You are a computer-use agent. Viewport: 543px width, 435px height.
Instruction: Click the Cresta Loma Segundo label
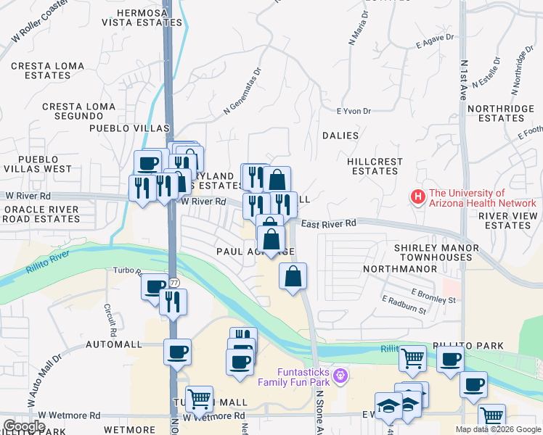coord(78,111)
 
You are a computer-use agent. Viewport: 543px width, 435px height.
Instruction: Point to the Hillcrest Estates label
coord(375,166)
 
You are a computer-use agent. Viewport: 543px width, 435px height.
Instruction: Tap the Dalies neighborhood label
coord(340,136)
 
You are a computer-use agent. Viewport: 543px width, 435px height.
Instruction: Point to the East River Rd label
coord(329,224)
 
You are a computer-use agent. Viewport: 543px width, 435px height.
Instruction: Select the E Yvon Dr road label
coord(354,111)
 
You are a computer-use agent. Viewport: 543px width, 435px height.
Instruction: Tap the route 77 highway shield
coord(174,282)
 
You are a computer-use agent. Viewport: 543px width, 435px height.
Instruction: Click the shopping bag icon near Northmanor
coord(293,275)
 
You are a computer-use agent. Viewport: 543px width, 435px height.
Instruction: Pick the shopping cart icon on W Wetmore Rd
coord(199,398)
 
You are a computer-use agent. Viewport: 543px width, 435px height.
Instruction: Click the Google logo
coord(24,426)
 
